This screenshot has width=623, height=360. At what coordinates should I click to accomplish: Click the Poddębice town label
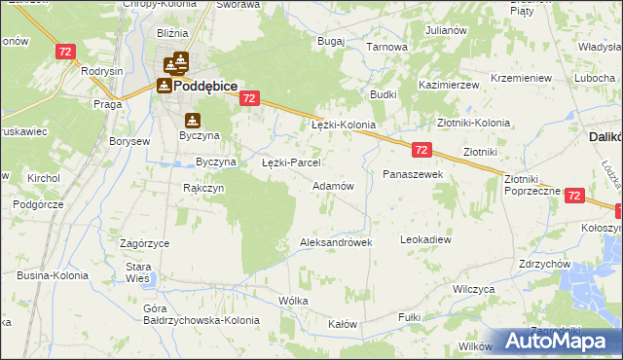tap(206, 86)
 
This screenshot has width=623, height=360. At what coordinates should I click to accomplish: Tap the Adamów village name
tap(332, 185)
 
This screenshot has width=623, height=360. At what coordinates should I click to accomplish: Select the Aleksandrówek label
tap(337, 242)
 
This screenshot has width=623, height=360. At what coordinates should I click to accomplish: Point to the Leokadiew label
tap(426, 238)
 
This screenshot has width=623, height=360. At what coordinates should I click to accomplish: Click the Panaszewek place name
tap(413, 174)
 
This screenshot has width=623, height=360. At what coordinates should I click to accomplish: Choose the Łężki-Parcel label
tap(292, 162)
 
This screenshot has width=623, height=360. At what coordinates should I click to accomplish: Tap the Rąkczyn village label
tap(204, 188)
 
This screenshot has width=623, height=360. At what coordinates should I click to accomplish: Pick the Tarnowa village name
tap(385, 46)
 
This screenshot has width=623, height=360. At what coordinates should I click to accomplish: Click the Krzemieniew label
tap(522, 77)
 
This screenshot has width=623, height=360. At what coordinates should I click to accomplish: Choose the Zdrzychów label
tap(544, 263)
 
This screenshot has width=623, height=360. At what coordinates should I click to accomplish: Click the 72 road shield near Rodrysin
tap(66, 52)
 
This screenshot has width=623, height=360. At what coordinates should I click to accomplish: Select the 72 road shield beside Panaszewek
tap(421, 150)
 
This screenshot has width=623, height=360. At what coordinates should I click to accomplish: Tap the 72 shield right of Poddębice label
tap(250, 98)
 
